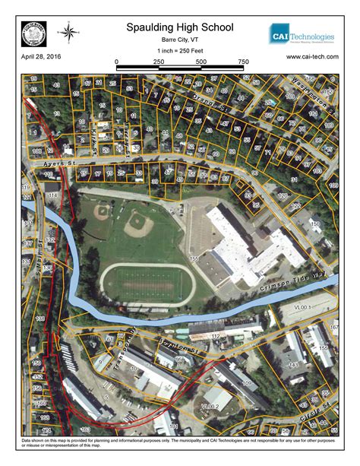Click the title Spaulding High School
180,27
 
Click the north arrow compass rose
69,32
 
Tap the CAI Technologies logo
302,35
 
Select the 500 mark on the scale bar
201,62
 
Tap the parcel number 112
215,335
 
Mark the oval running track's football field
148,282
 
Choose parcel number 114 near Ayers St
52,196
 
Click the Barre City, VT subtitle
180,40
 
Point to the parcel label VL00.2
210,407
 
